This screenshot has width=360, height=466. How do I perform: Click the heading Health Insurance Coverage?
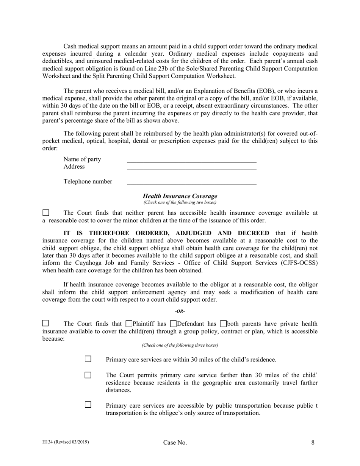click(180, 196)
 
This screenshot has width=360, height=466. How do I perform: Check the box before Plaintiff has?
click(129, 324)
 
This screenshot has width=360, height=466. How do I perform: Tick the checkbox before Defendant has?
click(174, 324)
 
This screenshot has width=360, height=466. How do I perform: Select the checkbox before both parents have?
click(223, 324)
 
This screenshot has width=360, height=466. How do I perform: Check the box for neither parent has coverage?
click(45, 213)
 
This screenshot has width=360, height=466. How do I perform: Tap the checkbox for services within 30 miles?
click(88, 359)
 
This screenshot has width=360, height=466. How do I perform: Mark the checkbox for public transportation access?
click(88, 405)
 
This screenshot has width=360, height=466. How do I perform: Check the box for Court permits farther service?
click(88, 375)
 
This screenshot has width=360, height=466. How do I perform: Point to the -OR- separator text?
click(180, 311)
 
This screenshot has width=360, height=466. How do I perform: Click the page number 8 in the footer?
click(313, 442)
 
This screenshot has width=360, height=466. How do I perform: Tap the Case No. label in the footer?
click(175, 443)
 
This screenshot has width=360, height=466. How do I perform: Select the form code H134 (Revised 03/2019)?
click(66, 442)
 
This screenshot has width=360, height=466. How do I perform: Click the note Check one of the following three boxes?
click(180, 345)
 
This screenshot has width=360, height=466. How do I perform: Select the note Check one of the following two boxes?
click(180, 202)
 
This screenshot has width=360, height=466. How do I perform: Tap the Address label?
click(74, 167)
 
